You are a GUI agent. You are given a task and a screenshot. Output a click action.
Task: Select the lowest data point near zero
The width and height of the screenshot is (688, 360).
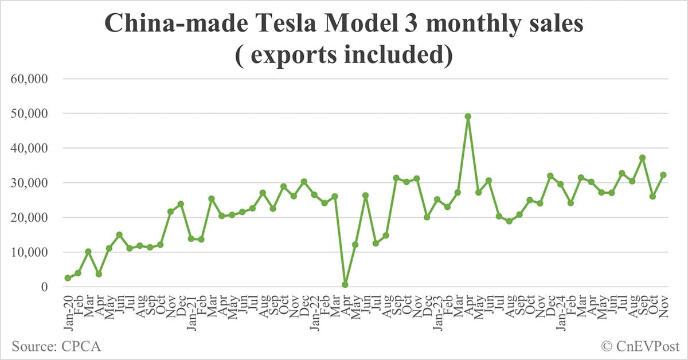click(x=345, y=284)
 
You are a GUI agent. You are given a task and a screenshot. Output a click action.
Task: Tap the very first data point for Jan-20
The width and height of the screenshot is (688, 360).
click(x=68, y=278)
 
